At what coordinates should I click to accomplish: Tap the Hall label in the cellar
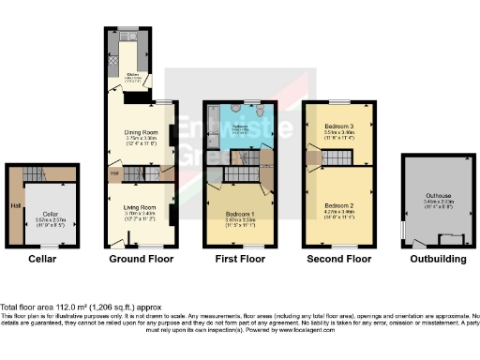[x=14, y=206]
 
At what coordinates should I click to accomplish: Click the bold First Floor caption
[x=239, y=259]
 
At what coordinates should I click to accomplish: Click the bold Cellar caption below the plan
[x=41, y=259]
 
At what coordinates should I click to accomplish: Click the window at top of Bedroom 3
[x=338, y=99]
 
